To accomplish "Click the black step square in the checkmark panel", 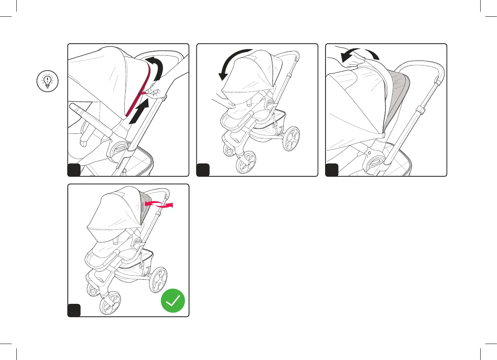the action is click(74, 310).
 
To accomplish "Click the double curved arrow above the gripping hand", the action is click(359, 55).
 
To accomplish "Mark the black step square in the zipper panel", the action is click(74, 170).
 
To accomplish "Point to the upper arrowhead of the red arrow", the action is click(146, 203).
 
